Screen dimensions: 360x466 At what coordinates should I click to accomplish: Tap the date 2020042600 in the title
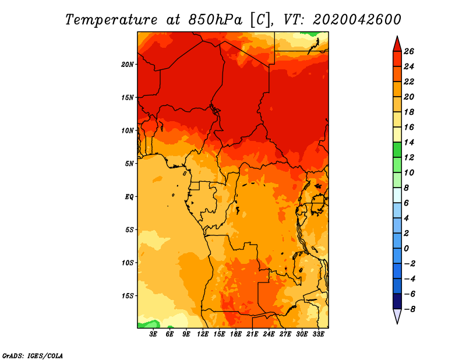pyautogui.click(x=356, y=19)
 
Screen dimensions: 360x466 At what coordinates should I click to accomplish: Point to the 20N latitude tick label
pyautogui.click(x=128, y=64)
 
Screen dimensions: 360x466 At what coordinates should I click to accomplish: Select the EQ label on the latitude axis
pyautogui.click(x=129, y=196)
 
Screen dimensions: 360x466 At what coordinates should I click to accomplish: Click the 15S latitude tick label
pyautogui.click(x=128, y=295)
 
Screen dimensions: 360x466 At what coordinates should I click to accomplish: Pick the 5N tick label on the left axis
pyautogui.click(x=129, y=163)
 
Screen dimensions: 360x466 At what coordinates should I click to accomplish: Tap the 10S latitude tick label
pyautogui.click(x=128, y=263)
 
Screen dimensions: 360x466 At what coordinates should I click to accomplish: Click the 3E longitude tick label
pyautogui.click(x=154, y=334)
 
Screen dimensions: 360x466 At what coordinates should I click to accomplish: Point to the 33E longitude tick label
pyautogui.click(x=318, y=334)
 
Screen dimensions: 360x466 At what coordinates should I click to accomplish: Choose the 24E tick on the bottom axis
pyautogui.click(x=269, y=334)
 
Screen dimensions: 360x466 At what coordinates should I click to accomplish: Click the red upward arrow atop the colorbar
pyautogui.click(x=397, y=44)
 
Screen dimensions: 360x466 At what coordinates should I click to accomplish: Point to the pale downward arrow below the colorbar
pyautogui.click(x=397, y=316)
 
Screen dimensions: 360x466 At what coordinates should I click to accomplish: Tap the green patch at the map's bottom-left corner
pyautogui.click(x=148, y=323)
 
